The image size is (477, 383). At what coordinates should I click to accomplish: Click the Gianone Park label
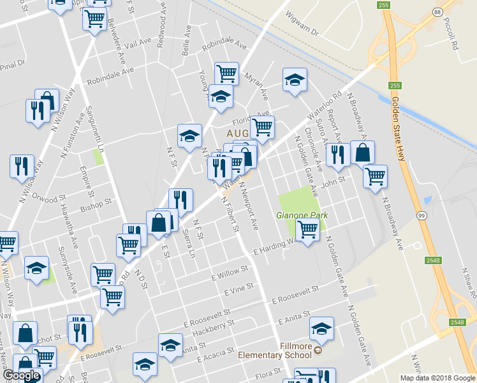point(302,215)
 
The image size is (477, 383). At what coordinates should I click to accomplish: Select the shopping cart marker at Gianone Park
point(308,230)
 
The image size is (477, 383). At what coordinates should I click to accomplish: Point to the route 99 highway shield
point(422,216)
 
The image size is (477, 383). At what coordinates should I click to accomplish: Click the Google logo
point(21,375)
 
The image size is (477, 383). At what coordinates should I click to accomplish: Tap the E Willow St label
point(229,274)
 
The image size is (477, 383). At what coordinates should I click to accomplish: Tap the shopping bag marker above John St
point(362,153)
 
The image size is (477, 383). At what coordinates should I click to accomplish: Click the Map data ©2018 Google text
point(437,378)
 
